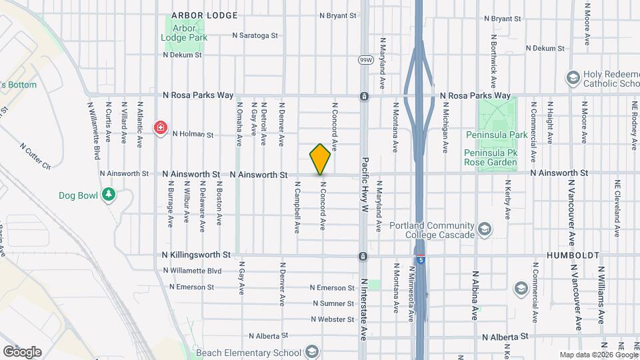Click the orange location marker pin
tap(320, 159)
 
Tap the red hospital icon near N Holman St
tap(161, 127)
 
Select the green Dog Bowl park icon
tap(107, 195)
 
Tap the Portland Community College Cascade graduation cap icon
tap(485, 230)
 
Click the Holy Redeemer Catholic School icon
tap(572, 78)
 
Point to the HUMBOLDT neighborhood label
tap(573, 255)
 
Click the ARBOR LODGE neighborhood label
tap(195, 15)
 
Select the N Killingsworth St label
tap(197, 255)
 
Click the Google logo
tap(22, 351)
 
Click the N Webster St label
tap(332, 319)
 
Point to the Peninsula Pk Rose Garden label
tap(490, 162)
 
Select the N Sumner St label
tap(333, 303)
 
